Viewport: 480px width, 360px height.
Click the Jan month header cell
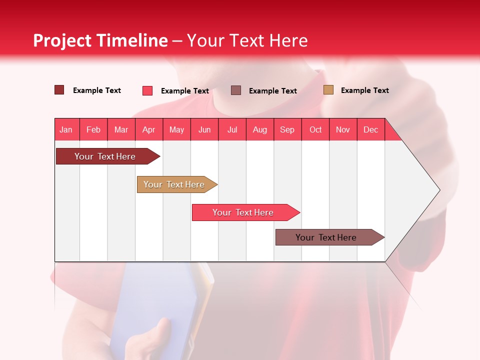[66, 129]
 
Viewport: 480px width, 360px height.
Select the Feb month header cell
[93, 129]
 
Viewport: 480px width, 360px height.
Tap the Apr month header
[149, 129]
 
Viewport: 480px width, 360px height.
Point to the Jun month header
[204, 129]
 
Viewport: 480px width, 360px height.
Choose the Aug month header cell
[260, 129]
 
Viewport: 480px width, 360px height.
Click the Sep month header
[287, 129]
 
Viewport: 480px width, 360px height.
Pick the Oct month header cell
[315, 129]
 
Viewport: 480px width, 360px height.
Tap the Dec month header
[371, 129]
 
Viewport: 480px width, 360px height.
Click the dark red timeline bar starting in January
[105, 156]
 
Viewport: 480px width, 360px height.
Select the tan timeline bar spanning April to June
[174, 184]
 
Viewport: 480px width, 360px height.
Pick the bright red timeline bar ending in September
[243, 212]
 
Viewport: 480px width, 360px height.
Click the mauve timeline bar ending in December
[326, 237]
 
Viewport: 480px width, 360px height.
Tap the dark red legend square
[59, 90]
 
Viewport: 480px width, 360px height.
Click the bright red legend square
[147, 90]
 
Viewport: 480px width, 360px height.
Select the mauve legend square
[236, 90]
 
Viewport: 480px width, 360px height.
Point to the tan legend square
[328, 90]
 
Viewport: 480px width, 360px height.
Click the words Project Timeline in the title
[100, 40]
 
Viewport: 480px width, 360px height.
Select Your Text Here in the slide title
[247, 40]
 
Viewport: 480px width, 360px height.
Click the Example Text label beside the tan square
[364, 90]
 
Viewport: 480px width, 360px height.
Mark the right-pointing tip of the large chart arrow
[439, 190]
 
